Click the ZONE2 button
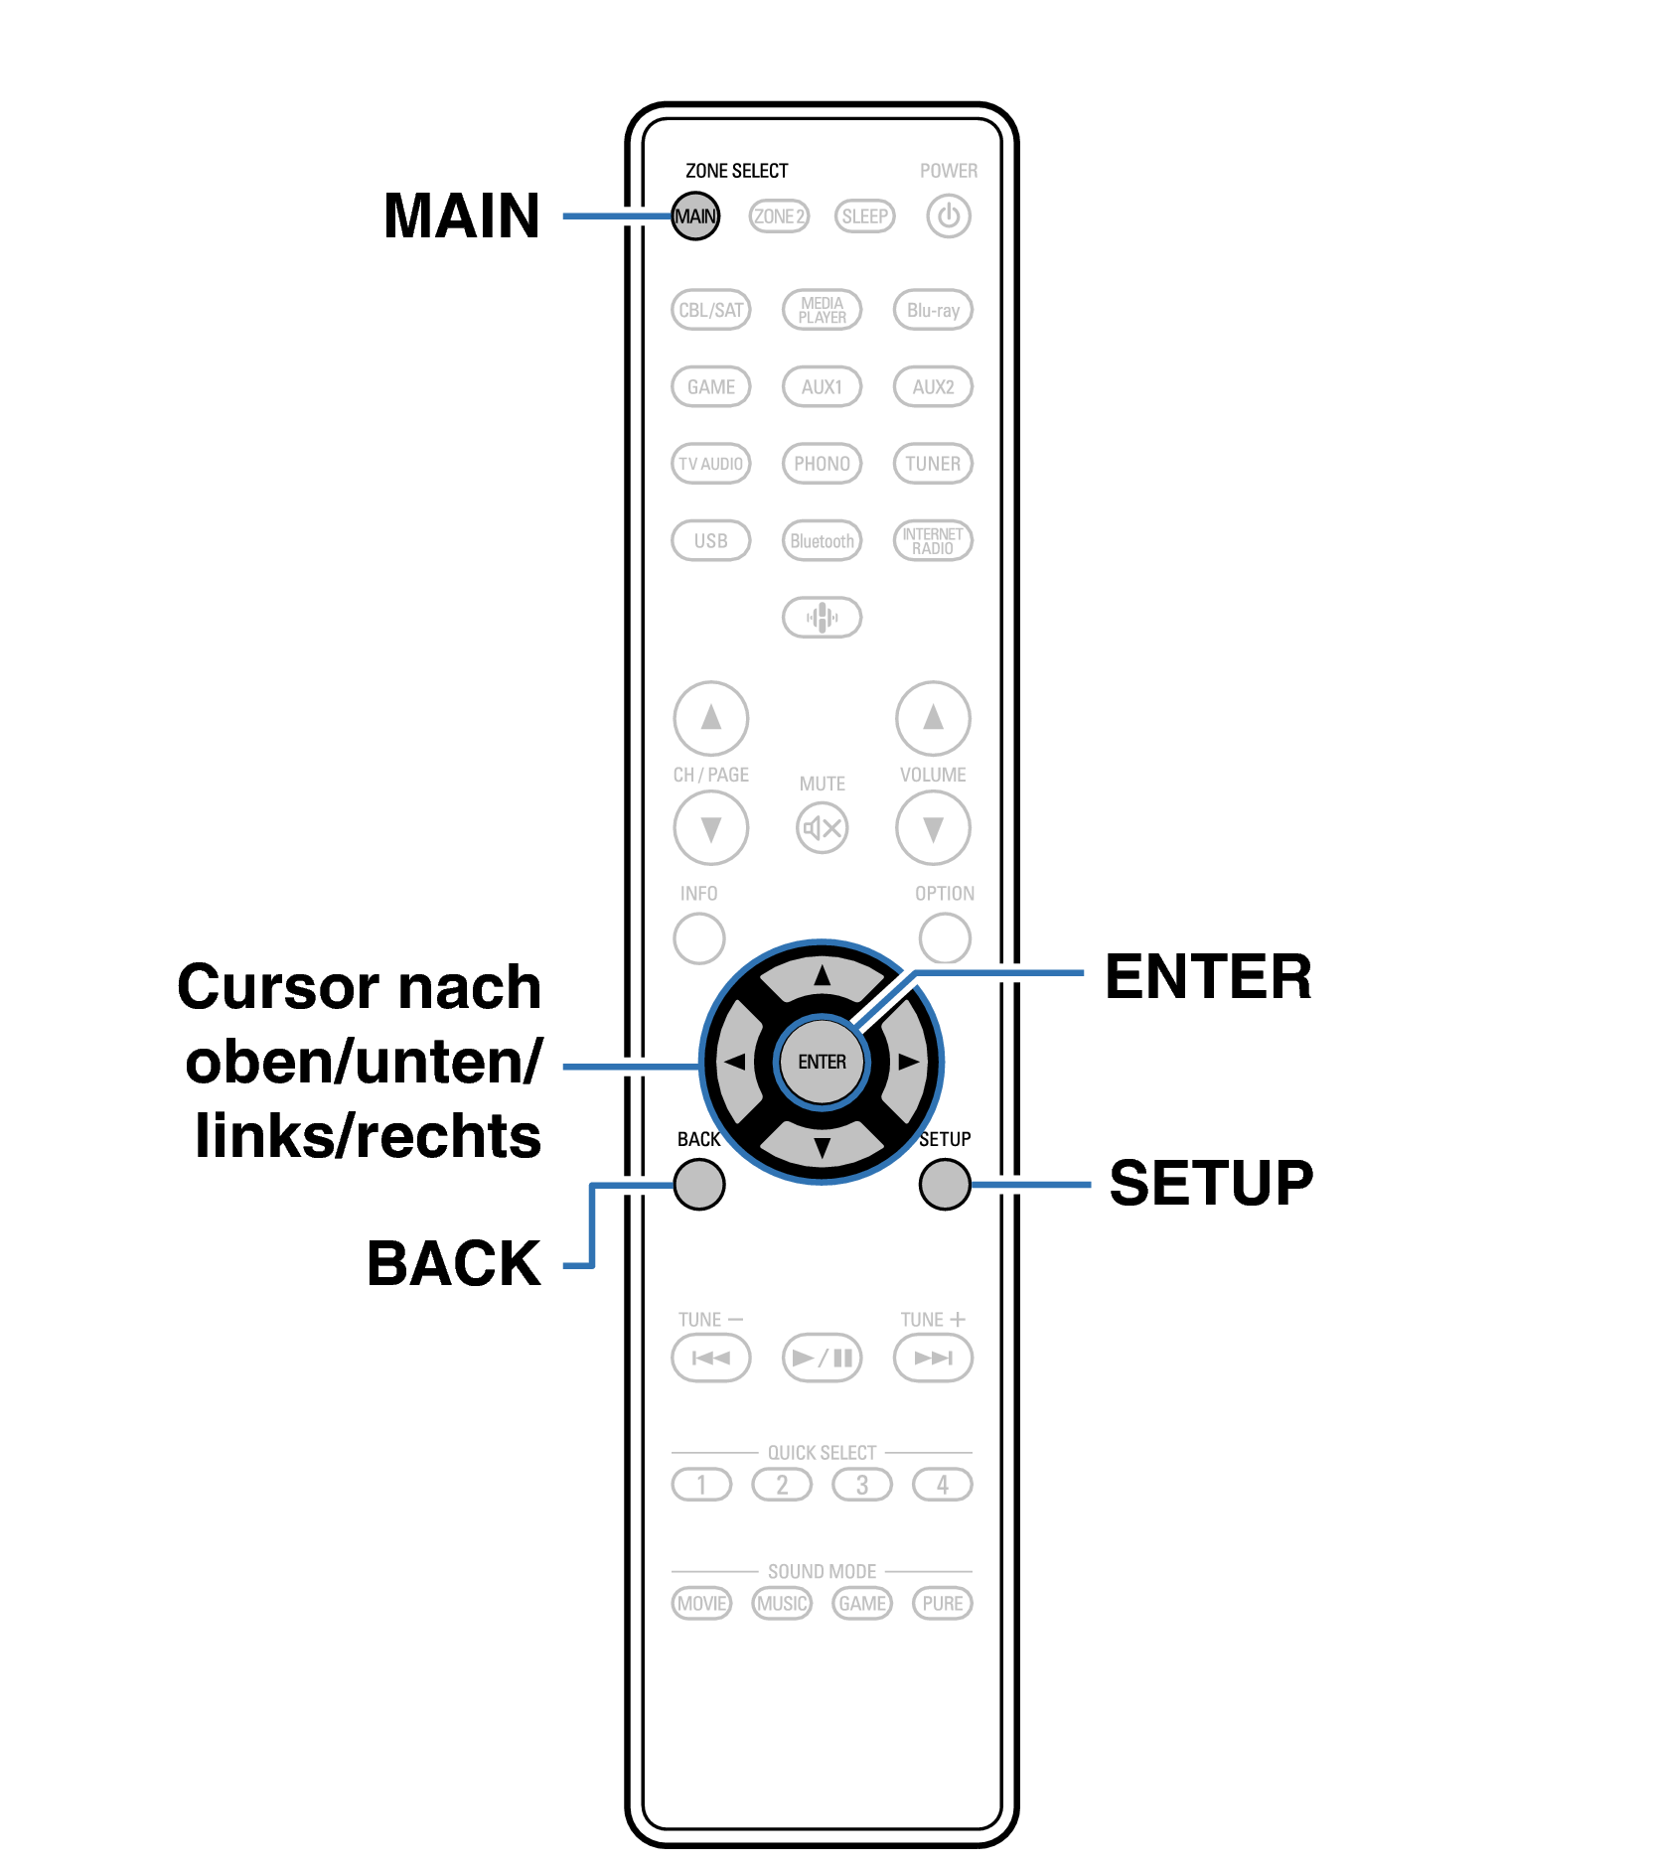pos(779,215)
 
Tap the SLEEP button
pos(864,215)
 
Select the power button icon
pos(948,215)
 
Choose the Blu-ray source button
pos(933,310)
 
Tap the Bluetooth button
pos(822,541)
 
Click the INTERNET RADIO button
pos(933,541)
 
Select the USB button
pos(710,541)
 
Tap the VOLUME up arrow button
pos(933,717)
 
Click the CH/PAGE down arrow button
pos(710,827)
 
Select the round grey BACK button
pos(698,1184)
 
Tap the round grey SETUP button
pos(944,1184)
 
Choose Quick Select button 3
pos(861,1485)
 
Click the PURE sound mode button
pos(942,1603)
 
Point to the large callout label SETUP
pos(1211,1183)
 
